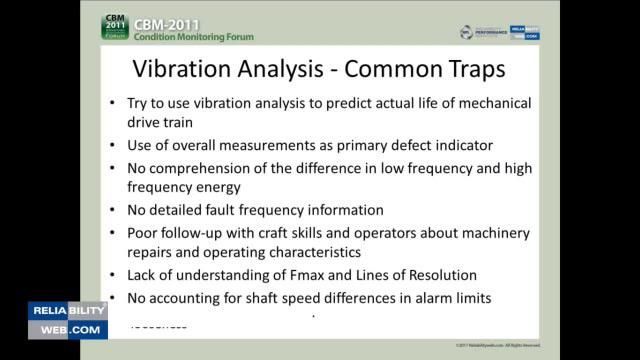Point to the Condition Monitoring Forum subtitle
pos(194,37)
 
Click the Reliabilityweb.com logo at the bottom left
pos(67,320)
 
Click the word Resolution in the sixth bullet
pos(444,275)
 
